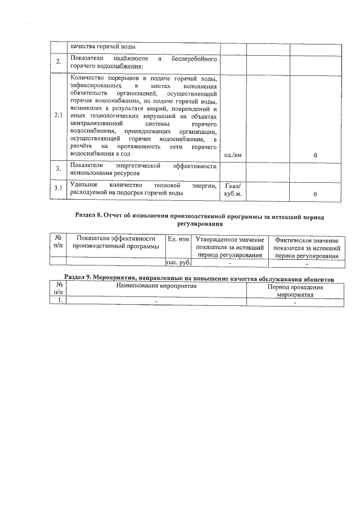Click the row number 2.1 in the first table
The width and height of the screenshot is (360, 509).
tap(58, 116)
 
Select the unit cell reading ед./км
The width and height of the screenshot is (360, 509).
tap(232, 154)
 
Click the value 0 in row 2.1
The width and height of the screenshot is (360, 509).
tap(315, 155)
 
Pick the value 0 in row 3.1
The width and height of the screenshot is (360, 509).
tap(315, 194)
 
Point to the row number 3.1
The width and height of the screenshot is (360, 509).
tap(58, 188)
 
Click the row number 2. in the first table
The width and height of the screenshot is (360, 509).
tap(58, 61)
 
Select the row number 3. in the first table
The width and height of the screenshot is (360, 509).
tap(58, 169)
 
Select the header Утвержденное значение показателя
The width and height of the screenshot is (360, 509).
tap(229, 247)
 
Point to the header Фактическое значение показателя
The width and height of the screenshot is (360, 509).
tap(307, 248)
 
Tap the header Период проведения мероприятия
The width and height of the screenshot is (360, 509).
tap(295, 290)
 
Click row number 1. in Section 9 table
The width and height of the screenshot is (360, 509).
tap(58, 300)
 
